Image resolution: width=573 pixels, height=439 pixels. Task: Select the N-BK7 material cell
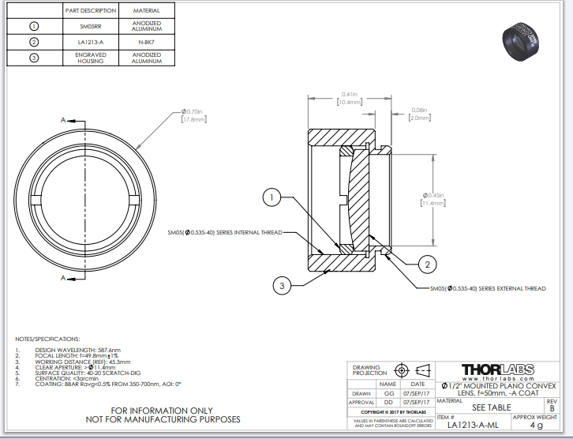[146, 42]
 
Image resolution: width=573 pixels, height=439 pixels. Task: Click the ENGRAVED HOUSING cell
[90, 58]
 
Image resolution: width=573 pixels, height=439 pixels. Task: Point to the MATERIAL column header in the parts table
[146, 11]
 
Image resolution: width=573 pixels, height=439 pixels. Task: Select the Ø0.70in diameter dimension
[193, 115]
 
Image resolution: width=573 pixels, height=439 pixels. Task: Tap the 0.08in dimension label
[418, 114]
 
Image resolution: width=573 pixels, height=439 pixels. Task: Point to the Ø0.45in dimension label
[435, 199]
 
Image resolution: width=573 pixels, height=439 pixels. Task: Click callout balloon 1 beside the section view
[271, 197]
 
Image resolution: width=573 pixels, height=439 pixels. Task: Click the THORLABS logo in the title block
[498, 370]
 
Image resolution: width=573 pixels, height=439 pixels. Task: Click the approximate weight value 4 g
[536, 426]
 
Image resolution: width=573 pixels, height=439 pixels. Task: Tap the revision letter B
[552, 408]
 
